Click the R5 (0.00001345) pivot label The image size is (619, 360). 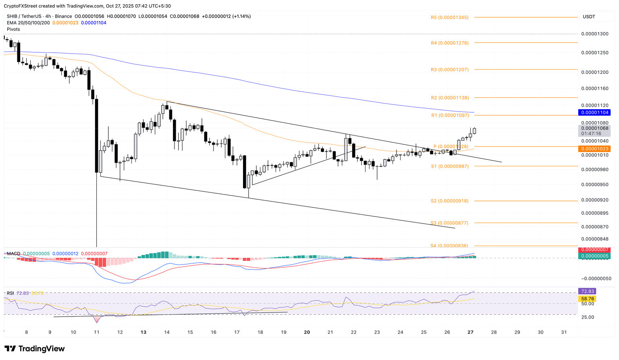point(449,18)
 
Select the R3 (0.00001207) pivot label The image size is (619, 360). point(449,70)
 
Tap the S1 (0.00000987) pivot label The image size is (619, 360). point(450,166)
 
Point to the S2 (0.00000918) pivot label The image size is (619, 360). point(449,201)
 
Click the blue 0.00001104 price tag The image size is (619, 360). point(594,112)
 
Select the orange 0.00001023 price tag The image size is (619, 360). point(594,149)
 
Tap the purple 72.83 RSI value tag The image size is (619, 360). point(586,291)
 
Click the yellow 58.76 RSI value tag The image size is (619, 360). point(586,299)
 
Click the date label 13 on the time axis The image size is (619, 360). point(143,332)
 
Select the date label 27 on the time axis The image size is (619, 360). point(470,332)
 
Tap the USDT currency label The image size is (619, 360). point(589,17)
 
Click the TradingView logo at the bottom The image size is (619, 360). point(35,349)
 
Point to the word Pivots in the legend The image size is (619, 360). point(13,29)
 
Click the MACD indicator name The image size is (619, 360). point(13,254)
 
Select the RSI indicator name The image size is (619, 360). point(10,293)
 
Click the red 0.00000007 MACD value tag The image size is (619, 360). point(594,250)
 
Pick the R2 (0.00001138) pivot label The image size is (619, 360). point(449,98)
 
